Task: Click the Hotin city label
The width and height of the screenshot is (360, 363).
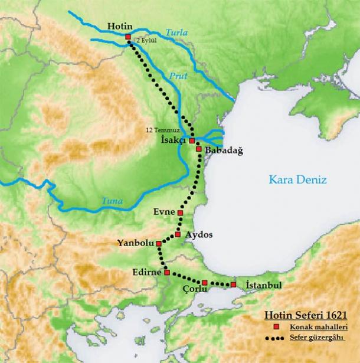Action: [x=120, y=26]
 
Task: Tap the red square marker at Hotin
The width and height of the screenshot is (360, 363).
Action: [x=129, y=37]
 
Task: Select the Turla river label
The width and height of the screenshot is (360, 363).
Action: [x=175, y=33]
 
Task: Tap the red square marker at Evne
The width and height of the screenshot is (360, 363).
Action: [x=181, y=213]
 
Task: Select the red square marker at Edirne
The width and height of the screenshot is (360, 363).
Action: [x=168, y=273]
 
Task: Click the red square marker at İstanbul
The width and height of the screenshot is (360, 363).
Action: [x=234, y=285]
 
